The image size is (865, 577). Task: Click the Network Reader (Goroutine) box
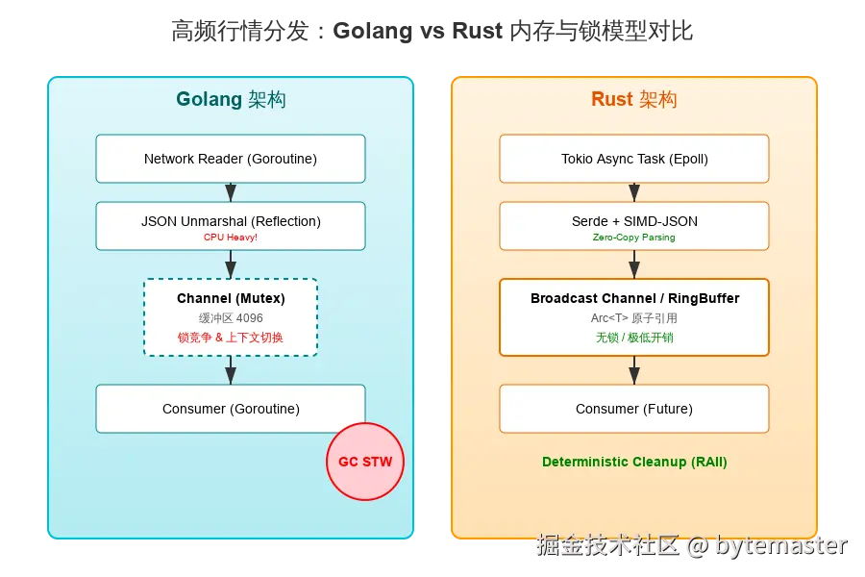(231, 159)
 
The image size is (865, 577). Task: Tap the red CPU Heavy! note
(231, 237)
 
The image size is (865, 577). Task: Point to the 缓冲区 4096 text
(231, 317)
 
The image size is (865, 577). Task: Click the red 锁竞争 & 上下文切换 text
(231, 338)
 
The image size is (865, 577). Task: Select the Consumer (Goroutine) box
(231, 409)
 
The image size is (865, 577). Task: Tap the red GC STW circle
(365, 461)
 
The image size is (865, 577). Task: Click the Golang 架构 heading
(231, 99)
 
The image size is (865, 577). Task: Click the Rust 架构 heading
(633, 99)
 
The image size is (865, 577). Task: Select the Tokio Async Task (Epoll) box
(634, 159)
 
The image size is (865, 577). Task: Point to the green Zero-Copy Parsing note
(634, 237)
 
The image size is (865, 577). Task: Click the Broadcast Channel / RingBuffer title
(634, 298)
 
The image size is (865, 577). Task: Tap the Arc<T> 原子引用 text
(634, 317)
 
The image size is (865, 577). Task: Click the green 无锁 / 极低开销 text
(634, 338)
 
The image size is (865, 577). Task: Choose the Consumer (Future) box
(634, 409)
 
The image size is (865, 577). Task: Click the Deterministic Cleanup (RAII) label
(634, 462)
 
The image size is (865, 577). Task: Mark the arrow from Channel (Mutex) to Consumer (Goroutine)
(231, 370)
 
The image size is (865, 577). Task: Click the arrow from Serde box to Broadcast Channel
(634, 264)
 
